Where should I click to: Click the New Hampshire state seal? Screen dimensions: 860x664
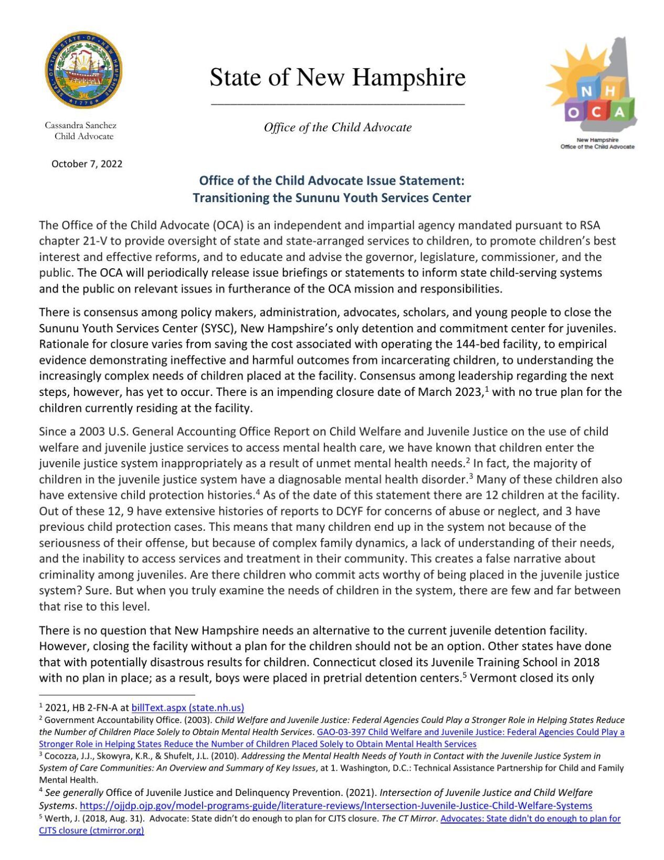coord(83,70)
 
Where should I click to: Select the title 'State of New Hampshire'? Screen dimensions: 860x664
coord(338,77)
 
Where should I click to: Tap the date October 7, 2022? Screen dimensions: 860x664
coord(87,164)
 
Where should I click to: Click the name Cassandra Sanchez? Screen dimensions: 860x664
coord(80,125)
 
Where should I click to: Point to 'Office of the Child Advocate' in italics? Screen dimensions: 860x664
coord(338,128)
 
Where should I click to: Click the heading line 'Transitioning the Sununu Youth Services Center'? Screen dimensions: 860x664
coord(332,198)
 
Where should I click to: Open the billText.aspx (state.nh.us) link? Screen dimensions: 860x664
coord(187,708)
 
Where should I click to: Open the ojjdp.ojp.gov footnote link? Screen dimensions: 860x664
coord(336,805)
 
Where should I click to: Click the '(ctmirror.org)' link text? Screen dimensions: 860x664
coord(117,830)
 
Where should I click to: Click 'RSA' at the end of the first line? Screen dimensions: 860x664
coord(590,225)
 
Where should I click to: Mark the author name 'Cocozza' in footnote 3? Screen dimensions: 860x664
coord(61,756)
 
